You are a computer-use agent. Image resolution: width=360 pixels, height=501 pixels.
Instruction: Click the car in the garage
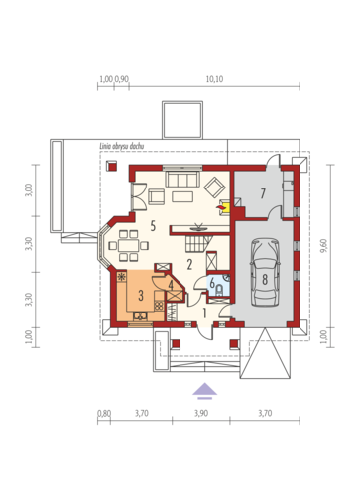pos(265,272)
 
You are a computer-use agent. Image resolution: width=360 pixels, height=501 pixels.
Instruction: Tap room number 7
pos(263,193)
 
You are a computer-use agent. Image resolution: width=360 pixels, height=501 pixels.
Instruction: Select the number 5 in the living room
pos(153,226)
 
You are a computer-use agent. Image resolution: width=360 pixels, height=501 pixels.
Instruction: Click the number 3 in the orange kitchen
pos(141,296)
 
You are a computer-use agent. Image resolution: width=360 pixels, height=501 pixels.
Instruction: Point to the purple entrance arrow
pos(205,389)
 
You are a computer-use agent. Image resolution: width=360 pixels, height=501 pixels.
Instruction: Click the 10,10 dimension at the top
pos(215,79)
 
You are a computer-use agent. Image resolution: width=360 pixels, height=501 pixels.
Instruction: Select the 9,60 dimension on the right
pos(324,246)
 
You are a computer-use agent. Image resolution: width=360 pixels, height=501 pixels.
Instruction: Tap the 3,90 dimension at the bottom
pos(201,413)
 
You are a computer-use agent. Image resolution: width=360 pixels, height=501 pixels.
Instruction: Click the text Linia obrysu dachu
pos(122,146)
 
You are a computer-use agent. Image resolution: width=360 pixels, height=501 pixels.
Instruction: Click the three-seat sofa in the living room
pos(182,179)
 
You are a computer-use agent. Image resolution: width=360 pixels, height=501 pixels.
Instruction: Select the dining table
pos(129,246)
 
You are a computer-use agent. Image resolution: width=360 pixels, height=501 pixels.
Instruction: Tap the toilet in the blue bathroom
pos(219,290)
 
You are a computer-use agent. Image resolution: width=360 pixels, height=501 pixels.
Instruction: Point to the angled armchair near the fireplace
pos(215,188)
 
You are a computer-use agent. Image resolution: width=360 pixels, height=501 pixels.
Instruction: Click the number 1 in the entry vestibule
pos(204,313)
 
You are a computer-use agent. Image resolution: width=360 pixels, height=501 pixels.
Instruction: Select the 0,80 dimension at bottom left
pos(104,413)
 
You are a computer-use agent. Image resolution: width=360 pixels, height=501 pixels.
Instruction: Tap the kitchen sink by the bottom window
pos(140,316)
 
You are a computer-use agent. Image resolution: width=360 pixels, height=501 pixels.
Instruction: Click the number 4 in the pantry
pos(171,285)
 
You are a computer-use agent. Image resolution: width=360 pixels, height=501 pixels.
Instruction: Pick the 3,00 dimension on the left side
pos(29,190)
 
